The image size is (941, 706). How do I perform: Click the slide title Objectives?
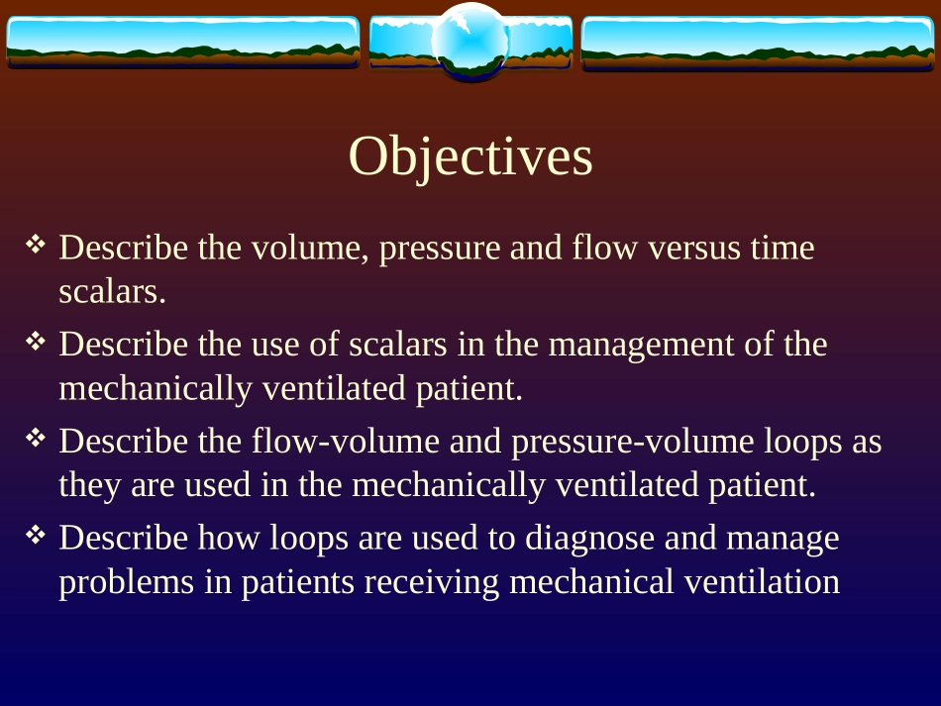coord(470,156)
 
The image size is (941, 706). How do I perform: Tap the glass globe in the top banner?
coord(470,41)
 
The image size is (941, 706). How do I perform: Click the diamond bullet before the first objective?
coord(36,244)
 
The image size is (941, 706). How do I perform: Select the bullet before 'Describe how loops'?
coord(36,534)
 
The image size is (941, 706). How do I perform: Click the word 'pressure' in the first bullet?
coord(441,249)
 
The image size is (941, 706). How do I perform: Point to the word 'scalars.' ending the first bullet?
coord(112,292)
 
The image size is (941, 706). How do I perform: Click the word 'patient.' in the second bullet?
coord(470,389)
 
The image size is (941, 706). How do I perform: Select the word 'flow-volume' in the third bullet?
coord(346,441)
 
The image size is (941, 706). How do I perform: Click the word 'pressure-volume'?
coord(633,442)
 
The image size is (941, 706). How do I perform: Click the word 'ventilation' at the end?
coord(762,582)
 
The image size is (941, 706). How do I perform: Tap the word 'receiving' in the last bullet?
coord(432,583)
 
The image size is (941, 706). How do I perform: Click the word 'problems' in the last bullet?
coord(127,582)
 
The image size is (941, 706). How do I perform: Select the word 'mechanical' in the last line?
coord(591,582)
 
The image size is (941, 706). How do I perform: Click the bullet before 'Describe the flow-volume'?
coord(36,438)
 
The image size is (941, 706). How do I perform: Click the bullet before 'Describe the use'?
coord(36,341)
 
